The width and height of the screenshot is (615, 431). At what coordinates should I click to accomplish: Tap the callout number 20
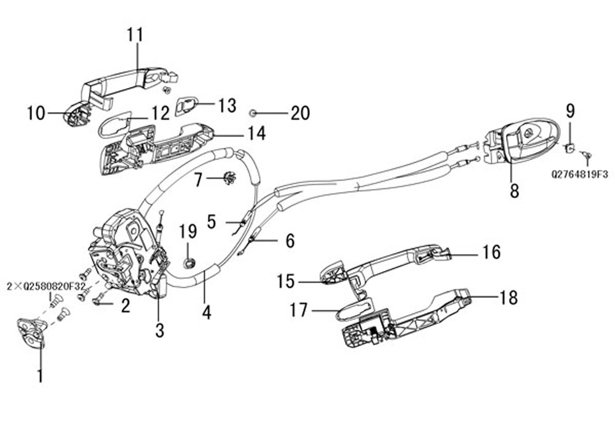pyautogui.click(x=300, y=113)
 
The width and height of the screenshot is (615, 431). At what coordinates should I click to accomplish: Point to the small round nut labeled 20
pyautogui.click(x=253, y=113)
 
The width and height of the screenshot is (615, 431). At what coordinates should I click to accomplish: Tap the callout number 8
pyautogui.click(x=514, y=191)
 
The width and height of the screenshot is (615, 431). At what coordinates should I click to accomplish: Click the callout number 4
pyautogui.click(x=207, y=312)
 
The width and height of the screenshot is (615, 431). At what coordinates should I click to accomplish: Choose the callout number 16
pyautogui.click(x=491, y=252)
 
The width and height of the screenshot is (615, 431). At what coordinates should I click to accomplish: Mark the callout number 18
pyautogui.click(x=509, y=298)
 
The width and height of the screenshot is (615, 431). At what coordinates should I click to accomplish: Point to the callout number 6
pyautogui.click(x=289, y=241)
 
